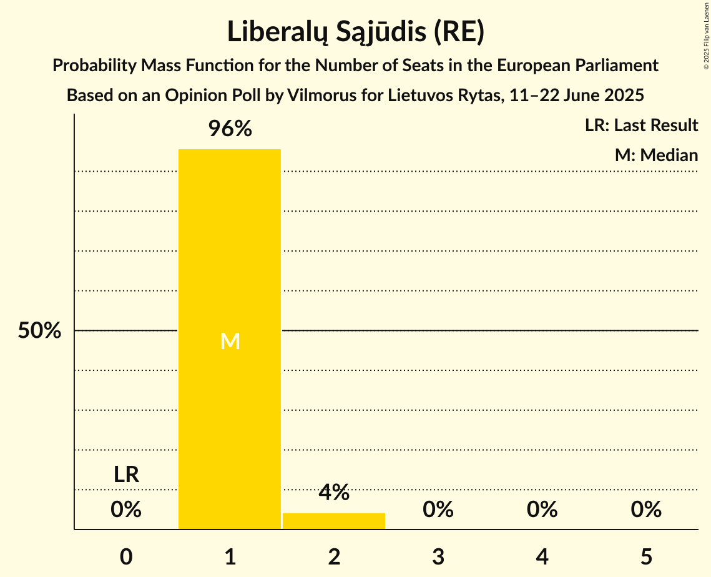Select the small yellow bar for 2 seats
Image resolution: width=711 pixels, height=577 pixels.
(x=334, y=521)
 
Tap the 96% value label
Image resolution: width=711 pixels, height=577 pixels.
(x=230, y=129)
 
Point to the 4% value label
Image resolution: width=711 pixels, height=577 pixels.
(x=334, y=493)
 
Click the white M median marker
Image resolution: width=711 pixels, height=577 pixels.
(x=230, y=341)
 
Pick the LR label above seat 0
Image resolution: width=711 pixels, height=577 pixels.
(x=126, y=475)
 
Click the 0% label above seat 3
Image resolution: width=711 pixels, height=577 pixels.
(x=438, y=510)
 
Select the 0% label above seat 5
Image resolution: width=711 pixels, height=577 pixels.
(x=646, y=510)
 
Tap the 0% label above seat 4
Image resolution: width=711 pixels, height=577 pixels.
(x=542, y=510)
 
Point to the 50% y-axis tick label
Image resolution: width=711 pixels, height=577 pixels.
(x=39, y=331)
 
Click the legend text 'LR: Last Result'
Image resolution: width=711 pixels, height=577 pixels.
(x=641, y=126)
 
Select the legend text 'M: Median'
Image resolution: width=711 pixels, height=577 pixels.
(x=656, y=155)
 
